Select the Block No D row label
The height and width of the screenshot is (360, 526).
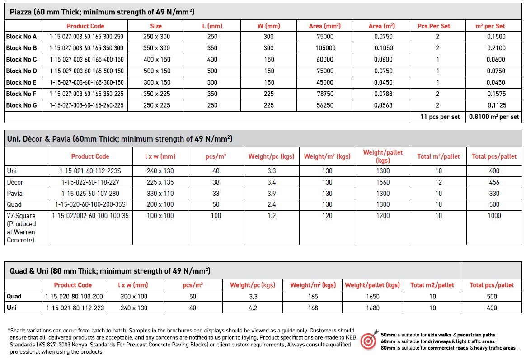point(22,71)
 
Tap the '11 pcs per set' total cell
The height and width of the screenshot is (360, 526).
point(440,117)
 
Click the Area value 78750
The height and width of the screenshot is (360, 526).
point(324,94)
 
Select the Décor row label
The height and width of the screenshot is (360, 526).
point(15,182)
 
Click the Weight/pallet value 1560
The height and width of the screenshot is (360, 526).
point(383,182)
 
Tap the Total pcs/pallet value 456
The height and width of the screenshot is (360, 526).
point(494,182)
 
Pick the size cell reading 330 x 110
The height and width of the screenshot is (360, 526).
point(160,194)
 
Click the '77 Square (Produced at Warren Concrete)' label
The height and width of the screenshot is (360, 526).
point(21,228)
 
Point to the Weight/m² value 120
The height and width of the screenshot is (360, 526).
point(327,216)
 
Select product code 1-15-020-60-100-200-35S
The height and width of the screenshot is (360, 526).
point(90,204)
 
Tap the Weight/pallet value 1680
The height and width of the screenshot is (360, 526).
point(372,308)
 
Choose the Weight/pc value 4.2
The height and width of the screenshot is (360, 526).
point(253,308)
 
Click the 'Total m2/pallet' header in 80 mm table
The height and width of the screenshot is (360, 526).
point(432,285)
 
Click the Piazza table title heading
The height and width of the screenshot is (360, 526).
point(102,12)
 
